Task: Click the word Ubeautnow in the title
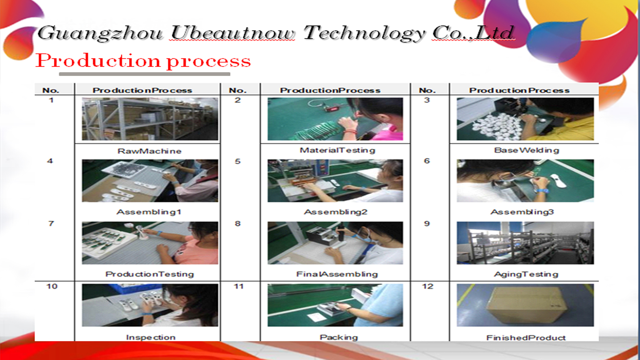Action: [x=233, y=33]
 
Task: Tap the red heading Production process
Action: [x=143, y=61]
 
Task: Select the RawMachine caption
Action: [x=149, y=151]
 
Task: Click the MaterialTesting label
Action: [x=337, y=150]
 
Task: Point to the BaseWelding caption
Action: [x=526, y=150]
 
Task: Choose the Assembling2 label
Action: [x=335, y=212]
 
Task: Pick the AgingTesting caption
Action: [x=526, y=274]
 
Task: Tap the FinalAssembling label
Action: [x=337, y=274]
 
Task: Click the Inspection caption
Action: [x=151, y=337]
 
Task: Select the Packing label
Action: [x=339, y=337]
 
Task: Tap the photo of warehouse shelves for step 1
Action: [x=150, y=119]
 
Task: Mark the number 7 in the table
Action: [x=51, y=223]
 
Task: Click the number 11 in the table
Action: [x=238, y=286]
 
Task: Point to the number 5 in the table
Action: [x=237, y=161]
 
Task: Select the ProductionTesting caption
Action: [x=149, y=274]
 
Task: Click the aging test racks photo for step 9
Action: [x=525, y=243]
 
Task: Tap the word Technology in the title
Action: [x=364, y=34]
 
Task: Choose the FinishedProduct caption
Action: [x=526, y=338]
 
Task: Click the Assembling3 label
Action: [x=522, y=212]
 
